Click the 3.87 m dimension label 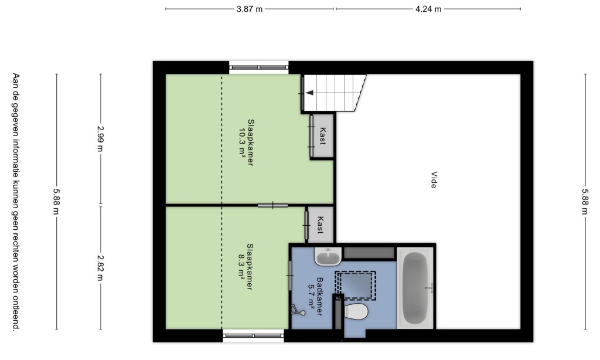pos(250,9)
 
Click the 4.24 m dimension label pos(428,9)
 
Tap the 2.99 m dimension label pos(100,138)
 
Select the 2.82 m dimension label pos(100,268)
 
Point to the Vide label pos(434,180)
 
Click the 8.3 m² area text pos(241,267)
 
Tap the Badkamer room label pos(319,297)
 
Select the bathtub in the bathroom pos(415,288)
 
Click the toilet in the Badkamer pos(355,311)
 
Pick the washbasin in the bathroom pos(328,256)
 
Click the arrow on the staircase pos(309,93)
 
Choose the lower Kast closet pos(321,225)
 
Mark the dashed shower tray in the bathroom pos(355,286)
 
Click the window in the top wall pos(258,67)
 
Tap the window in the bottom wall pos(253,335)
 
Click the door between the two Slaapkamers pos(272,205)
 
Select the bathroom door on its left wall pos(289,276)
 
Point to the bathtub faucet pos(429,288)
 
